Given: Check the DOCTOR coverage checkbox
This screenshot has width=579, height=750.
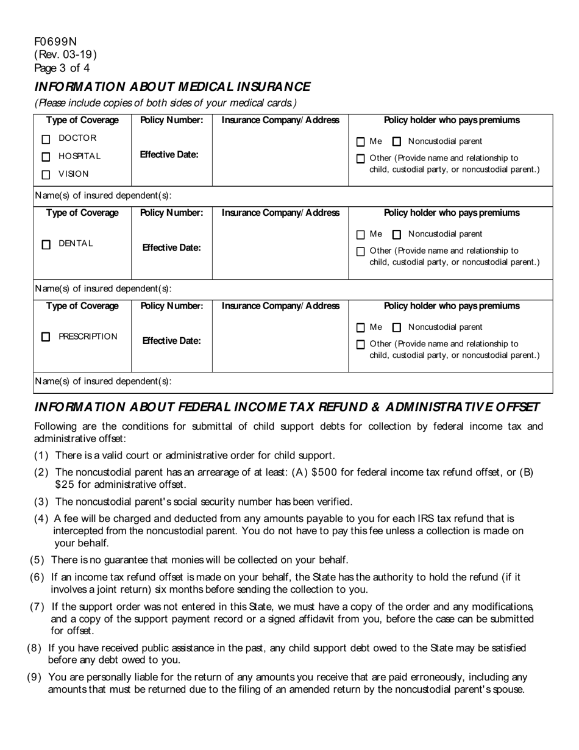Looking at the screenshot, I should [x=46, y=139].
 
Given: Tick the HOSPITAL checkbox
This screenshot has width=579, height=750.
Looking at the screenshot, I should [x=46, y=157].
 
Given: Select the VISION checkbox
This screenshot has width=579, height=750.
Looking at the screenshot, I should [x=46, y=175].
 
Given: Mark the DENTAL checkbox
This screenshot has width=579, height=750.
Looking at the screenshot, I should [x=46, y=245].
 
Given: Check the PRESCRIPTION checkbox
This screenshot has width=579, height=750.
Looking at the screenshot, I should [x=46, y=337].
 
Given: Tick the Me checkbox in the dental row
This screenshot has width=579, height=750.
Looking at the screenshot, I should [x=360, y=235].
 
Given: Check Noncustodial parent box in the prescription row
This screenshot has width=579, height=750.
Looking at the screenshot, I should [x=397, y=327].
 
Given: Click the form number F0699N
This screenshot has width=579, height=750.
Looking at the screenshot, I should [x=55, y=41].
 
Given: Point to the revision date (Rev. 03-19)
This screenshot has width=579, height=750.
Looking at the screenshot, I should [x=65, y=54].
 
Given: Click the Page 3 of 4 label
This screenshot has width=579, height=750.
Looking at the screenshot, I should [x=62, y=68].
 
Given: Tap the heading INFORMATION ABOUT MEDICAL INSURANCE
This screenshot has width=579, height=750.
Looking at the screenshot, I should [x=172, y=87].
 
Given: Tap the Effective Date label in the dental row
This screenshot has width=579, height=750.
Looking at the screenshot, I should [x=171, y=248].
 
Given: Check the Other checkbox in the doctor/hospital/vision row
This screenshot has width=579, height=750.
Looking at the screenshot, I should [x=360, y=159].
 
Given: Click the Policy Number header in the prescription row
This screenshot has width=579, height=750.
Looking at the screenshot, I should [x=171, y=305].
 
